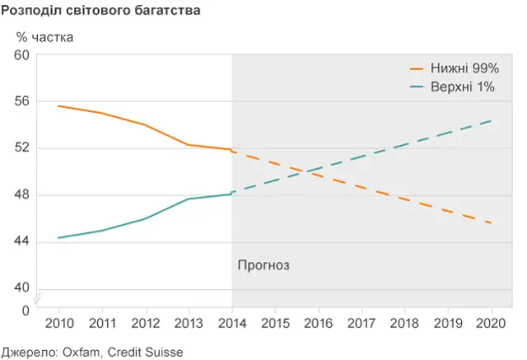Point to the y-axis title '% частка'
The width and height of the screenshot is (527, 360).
[x=44, y=37]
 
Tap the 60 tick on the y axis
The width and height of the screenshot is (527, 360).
[x=21, y=55]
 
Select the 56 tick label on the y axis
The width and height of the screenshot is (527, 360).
[x=21, y=101]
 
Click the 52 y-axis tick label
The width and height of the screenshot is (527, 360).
[x=21, y=148]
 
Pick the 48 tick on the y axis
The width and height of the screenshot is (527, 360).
[x=21, y=195]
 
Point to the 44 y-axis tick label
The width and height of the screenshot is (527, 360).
[x=21, y=241]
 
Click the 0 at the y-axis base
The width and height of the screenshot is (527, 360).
[x=25, y=311]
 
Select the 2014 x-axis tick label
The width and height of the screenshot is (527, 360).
[x=232, y=323]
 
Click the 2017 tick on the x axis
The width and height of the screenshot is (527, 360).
[x=362, y=323]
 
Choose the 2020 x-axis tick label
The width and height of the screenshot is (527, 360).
[x=492, y=323]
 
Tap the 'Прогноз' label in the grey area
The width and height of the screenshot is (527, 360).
[x=264, y=265]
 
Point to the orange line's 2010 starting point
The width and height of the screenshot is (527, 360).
[x=58, y=106]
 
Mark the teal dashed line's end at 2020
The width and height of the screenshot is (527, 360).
[x=492, y=121]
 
